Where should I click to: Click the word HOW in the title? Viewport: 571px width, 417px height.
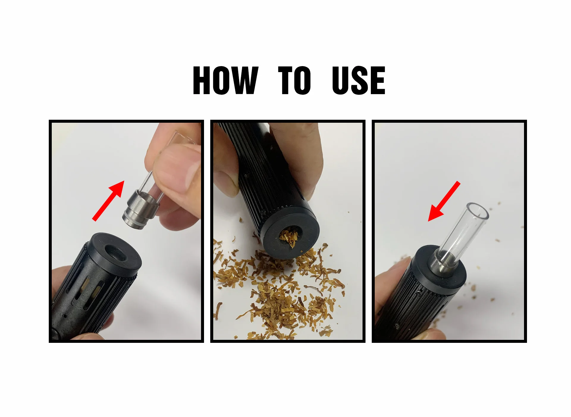click(x=225, y=80)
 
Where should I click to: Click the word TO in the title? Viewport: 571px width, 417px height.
click(x=295, y=80)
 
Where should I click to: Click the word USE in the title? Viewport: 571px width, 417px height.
click(x=359, y=80)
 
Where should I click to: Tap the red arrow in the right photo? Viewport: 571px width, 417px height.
click(x=444, y=201)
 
